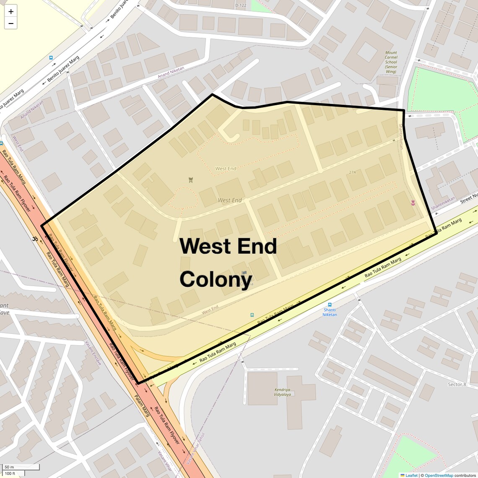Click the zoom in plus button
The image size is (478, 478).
[x=10, y=11]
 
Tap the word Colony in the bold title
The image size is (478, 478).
[x=216, y=279]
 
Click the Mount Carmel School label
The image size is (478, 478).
[x=391, y=62]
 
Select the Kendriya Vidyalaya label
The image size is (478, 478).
[x=282, y=392]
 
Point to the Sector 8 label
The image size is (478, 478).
[x=457, y=384]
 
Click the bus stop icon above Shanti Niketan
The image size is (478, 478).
[x=330, y=305]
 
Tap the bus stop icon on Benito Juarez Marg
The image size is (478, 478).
[x=51, y=58]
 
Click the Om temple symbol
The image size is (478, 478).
[x=35, y=239]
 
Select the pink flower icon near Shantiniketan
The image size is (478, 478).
[x=413, y=203]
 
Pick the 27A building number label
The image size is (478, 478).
[x=352, y=172]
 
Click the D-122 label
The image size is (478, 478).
[x=241, y=5]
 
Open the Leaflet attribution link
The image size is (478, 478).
[x=411, y=475]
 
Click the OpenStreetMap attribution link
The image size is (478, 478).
[x=439, y=475]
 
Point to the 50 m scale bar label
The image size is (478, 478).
[x=9, y=467]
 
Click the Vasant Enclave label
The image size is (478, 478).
[x=93, y=353]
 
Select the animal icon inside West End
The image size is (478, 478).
[x=191, y=180]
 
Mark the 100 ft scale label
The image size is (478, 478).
[x=10, y=473]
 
